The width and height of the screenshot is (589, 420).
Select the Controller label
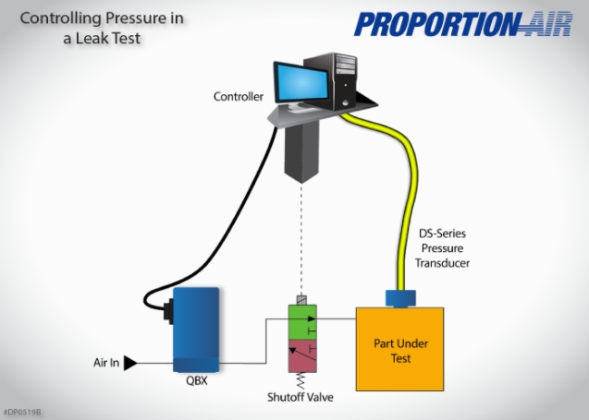[239, 96]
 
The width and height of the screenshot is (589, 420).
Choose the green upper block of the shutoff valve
[302, 322]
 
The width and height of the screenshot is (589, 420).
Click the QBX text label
[195, 378]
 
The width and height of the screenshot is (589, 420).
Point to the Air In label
[106, 363]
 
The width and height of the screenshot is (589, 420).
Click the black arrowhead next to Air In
[130, 363]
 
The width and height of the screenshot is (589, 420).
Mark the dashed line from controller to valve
[302, 240]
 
